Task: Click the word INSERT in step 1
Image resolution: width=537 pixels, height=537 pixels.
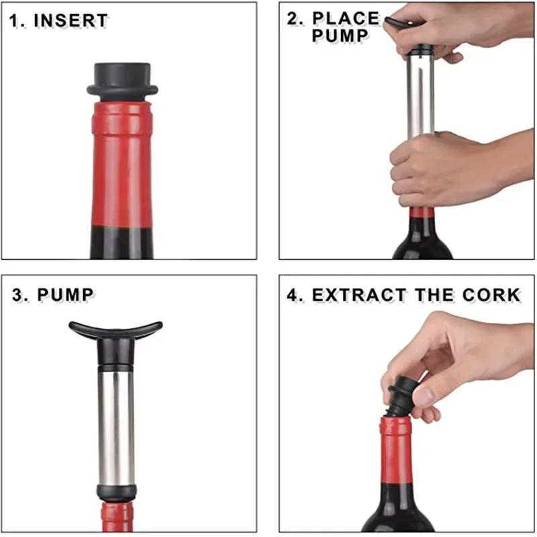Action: tap(70, 20)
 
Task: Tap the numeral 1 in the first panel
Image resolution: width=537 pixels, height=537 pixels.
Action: tap(15, 20)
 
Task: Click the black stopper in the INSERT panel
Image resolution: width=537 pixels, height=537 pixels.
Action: tap(121, 81)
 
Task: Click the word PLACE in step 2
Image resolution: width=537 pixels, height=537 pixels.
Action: tap(347, 18)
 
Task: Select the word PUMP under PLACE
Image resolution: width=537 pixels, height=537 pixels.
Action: tap(340, 36)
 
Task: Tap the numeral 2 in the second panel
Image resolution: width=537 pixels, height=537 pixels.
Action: tap(293, 18)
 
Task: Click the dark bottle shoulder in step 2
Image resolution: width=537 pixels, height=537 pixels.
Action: tap(422, 242)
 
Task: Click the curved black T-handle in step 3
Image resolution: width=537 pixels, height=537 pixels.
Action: tap(115, 330)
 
